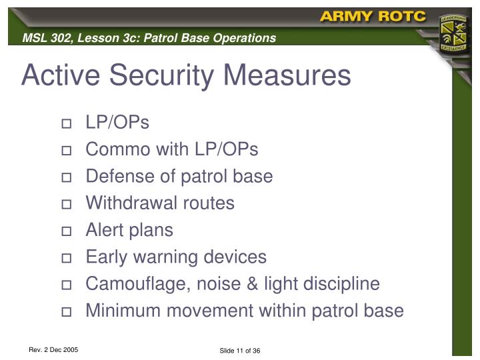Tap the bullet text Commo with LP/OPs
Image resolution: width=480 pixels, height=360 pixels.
point(171,150)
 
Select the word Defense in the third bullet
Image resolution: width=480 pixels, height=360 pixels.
point(119,177)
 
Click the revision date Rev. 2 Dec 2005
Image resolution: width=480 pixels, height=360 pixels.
point(53,349)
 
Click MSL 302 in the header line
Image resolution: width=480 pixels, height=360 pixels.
point(45,38)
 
